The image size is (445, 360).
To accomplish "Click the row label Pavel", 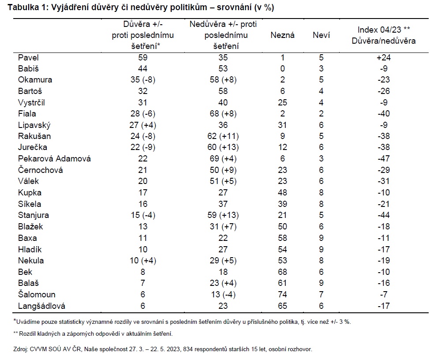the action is [28, 57].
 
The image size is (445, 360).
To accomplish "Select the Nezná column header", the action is [282, 35].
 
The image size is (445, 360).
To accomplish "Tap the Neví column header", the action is [321, 35].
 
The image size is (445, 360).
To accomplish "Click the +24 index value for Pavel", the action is [384, 57].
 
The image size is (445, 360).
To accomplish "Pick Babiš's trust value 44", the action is [143, 68].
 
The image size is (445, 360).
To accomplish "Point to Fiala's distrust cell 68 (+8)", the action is [223, 113].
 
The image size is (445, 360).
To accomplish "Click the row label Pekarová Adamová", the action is [54, 158].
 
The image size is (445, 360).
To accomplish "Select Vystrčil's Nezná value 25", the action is [282, 102].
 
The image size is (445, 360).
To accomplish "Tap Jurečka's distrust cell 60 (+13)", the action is [223, 147].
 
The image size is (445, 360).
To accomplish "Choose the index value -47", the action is [384, 158].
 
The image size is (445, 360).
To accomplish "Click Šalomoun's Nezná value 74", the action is [282, 294].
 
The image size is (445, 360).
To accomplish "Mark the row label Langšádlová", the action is [42, 306].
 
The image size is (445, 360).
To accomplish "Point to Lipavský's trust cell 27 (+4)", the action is [143, 125].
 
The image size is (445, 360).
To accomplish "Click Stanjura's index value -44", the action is [384, 215].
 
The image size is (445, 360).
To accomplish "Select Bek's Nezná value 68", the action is [282, 272].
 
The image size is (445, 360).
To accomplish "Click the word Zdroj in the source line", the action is [20, 349].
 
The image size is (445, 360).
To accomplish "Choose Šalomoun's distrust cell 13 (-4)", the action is [223, 294].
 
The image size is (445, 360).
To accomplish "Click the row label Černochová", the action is [40, 170].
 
